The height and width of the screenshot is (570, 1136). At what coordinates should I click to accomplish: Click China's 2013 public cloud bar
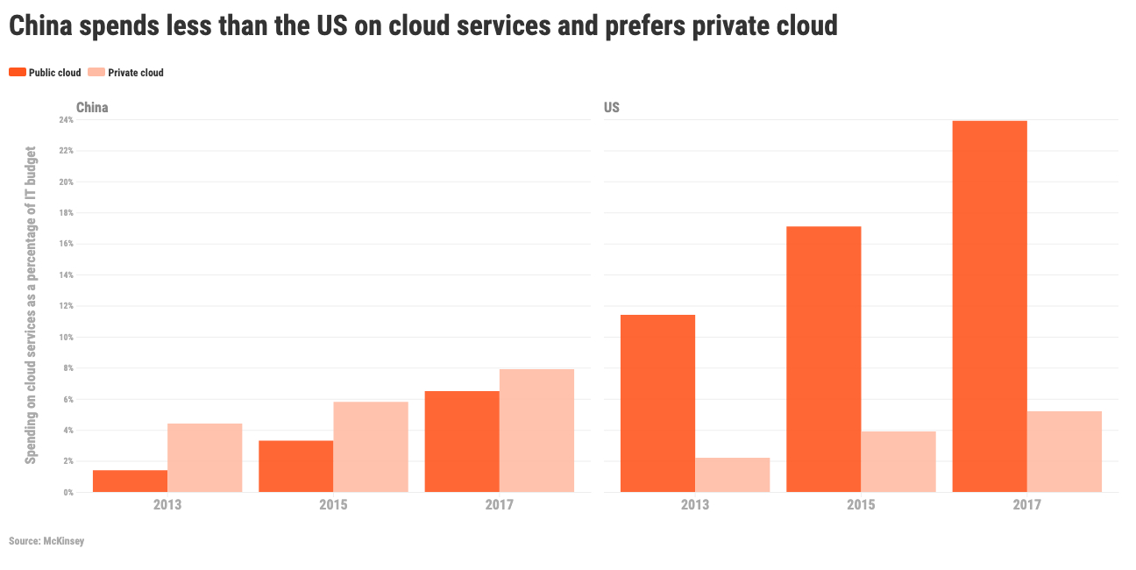click(x=130, y=481)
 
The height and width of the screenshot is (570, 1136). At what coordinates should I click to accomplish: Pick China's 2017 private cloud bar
click(x=536, y=431)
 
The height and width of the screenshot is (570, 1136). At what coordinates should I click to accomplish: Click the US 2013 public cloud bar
click(x=657, y=403)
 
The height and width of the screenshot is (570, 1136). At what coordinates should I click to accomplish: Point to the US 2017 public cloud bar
click(x=990, y=306)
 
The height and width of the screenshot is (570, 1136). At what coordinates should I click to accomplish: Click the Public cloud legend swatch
click(x=18, y=73)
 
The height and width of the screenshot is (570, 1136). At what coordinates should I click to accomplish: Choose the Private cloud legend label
click(x=136, y=73)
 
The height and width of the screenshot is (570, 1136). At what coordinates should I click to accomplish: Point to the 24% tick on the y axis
click(x=67, y=119)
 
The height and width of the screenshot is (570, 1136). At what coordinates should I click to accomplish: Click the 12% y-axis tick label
click(x=67, y=306)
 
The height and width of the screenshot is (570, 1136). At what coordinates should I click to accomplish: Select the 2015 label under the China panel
click(x=333, y=505)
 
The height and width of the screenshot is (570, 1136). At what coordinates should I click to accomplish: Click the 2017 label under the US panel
click(x=1026, y=505)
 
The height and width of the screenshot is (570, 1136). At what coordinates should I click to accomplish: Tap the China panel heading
click(x=92, y=108)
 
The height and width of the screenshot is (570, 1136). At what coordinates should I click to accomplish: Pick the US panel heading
click(x=612, y=108)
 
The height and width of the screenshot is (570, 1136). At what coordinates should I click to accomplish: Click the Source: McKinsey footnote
click(x=46, y=541)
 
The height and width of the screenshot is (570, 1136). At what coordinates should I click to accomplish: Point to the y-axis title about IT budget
click(x=31, y=306)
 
